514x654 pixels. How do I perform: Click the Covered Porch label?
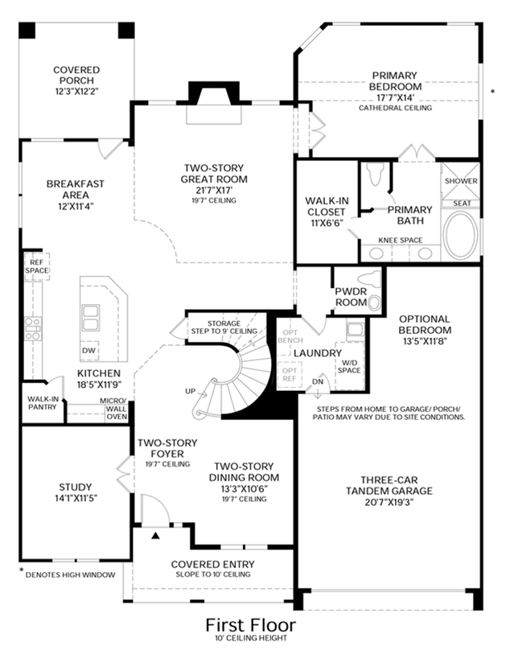[x=76, y=75]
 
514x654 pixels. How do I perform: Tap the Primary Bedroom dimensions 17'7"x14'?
[x=395, y=98]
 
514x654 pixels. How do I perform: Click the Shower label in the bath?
[x=461, y=181]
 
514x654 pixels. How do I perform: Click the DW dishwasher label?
[x=88, y=351]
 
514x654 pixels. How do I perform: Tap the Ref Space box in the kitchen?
[x=37, y=266]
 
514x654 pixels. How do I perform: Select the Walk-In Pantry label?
[x=43, y=403]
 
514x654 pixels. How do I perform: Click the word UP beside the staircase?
[x=191, y=391]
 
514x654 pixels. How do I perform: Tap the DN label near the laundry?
[x=318, y=381]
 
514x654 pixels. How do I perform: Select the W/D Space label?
[x=349, y=367]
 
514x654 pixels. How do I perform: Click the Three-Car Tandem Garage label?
[x=389, y=486]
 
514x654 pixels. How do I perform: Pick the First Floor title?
[x=251, y=625]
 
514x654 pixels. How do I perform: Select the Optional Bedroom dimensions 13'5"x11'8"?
[x=425, y=341]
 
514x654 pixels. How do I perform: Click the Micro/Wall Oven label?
[x=116, y=409]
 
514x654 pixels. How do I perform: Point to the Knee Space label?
[x=401, y=241]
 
